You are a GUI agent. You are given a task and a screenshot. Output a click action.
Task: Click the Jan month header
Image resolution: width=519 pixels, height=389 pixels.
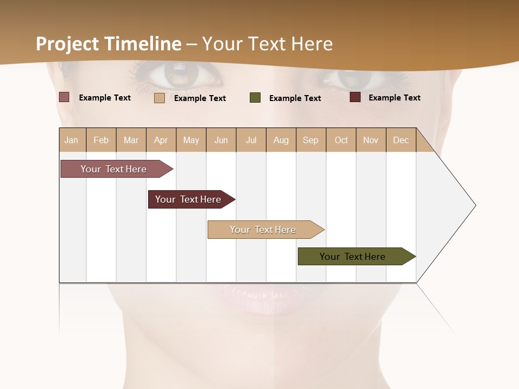tap(71, 140)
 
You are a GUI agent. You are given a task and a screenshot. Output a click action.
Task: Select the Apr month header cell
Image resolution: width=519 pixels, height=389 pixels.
tap(161, 140)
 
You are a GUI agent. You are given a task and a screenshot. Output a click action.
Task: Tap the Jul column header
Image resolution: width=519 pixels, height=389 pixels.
tap(251, 140)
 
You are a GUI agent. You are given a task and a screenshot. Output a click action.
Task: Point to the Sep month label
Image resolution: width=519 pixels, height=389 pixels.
tap(310, 140)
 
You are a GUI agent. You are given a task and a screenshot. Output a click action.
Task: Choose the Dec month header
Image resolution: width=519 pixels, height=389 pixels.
tap(401, 140)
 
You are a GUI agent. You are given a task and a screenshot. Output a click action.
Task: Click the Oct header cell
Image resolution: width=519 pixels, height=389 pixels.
tap(341, 140)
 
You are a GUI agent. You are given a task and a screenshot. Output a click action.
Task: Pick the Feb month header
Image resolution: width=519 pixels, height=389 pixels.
tap(101, 140)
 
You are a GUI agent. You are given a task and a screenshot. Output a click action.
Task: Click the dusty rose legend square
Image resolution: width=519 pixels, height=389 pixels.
tap(64, 97)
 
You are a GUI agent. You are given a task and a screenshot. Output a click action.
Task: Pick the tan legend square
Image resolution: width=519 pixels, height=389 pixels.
tap(159, 98)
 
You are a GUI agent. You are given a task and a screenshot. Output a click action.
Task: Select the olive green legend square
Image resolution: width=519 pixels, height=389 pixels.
tap(255, 98)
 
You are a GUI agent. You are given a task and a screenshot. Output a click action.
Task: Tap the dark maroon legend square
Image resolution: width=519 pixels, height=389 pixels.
tap(355, 97)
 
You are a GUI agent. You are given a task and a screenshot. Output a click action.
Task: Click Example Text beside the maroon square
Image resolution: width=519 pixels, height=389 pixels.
tap(394, 98)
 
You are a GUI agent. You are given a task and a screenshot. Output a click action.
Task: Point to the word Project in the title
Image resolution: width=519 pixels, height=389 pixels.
tap(68, 44)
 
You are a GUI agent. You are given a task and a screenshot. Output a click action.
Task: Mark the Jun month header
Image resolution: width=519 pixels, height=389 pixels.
tap(221, 140)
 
